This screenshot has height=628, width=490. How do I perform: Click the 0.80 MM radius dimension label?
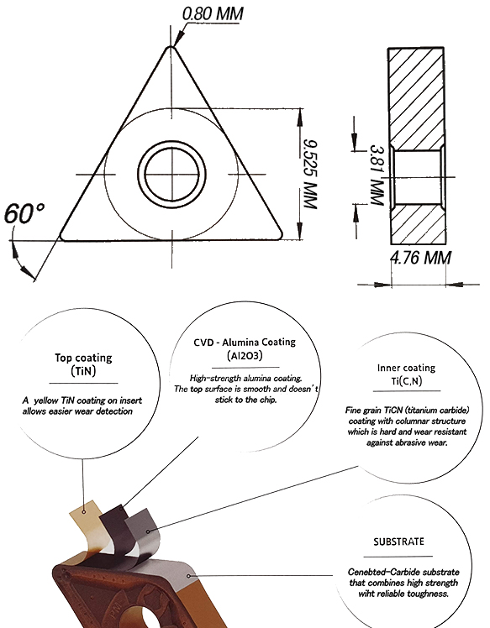213,13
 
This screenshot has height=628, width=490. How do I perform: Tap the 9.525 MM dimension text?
310,175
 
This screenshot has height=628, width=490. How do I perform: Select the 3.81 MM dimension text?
377,175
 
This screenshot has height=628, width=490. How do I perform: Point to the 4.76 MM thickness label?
421,258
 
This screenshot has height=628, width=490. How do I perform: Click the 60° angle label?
24,213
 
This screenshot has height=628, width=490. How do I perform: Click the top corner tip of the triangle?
171,47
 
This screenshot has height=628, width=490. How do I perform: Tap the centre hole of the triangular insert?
171,175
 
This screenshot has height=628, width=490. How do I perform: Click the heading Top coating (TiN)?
83,364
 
